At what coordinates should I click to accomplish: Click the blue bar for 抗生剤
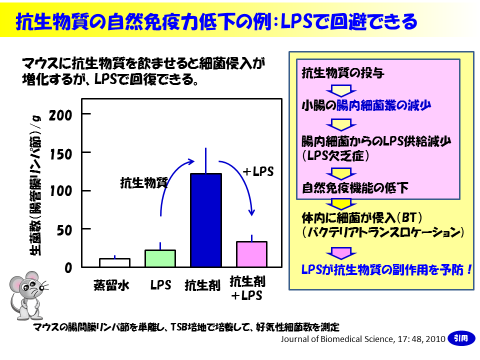point(206,220)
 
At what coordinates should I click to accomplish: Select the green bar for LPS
point(160,258)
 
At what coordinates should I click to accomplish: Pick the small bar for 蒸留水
point(114,263)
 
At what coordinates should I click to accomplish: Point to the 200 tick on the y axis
point(61,114)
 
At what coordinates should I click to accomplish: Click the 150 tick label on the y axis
point(61,153)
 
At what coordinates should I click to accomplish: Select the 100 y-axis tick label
point(61,191)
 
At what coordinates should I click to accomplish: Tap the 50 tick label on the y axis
point(65,230)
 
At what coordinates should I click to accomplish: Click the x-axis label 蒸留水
point(114,285)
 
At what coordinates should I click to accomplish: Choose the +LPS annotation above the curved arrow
point(257,172)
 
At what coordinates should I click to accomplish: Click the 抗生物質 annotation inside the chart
point(143,182)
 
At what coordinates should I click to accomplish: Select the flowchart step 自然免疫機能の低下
point(349,187)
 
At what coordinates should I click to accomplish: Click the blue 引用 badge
point(462,337)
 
